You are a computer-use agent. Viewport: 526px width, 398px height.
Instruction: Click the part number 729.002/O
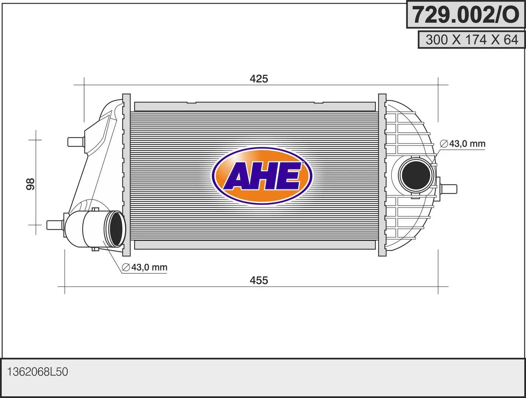tap(466, 15)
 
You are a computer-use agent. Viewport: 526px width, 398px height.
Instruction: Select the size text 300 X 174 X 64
tap(472, 40)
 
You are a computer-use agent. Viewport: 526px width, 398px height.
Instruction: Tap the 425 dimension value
tap(259, 79)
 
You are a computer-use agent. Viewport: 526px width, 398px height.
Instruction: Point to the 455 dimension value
tap(259, 280)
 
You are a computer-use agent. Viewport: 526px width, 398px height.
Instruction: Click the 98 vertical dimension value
tap(31, 184)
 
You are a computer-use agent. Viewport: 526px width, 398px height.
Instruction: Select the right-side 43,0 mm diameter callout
tap(463, 144)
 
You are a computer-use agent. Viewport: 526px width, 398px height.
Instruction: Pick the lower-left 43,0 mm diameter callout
tap(145, 267)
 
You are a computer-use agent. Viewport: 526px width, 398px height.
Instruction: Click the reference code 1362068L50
tap(38, 372)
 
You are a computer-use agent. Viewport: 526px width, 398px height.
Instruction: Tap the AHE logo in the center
tap(262, 176)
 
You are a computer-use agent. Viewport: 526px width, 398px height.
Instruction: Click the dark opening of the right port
tap(416, 175)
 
